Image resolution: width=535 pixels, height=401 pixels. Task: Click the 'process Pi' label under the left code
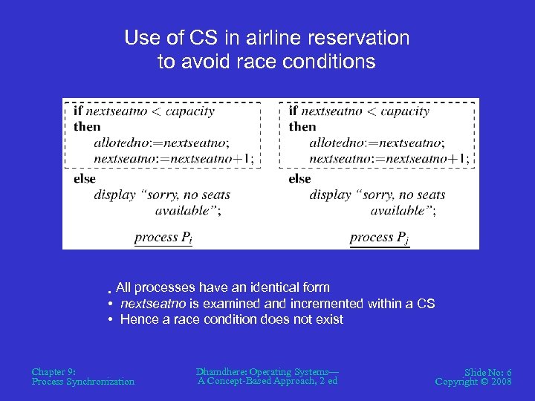[163, 238]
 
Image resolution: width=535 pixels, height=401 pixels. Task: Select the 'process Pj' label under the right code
[379, 238]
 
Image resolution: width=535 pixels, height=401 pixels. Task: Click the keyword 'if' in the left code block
[77, 111]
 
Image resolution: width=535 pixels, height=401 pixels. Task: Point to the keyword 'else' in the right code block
[299, 179]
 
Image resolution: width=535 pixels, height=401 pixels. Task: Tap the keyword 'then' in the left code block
[86, 127]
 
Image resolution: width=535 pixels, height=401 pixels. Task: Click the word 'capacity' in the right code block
[401, 111]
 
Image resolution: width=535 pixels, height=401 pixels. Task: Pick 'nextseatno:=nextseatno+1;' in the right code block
[389, 158]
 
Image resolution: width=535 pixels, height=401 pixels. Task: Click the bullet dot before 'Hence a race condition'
[109, 320]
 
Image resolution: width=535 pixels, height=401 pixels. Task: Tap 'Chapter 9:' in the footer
[54, 371]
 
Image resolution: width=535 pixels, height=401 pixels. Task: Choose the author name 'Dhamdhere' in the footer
[221, 371]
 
